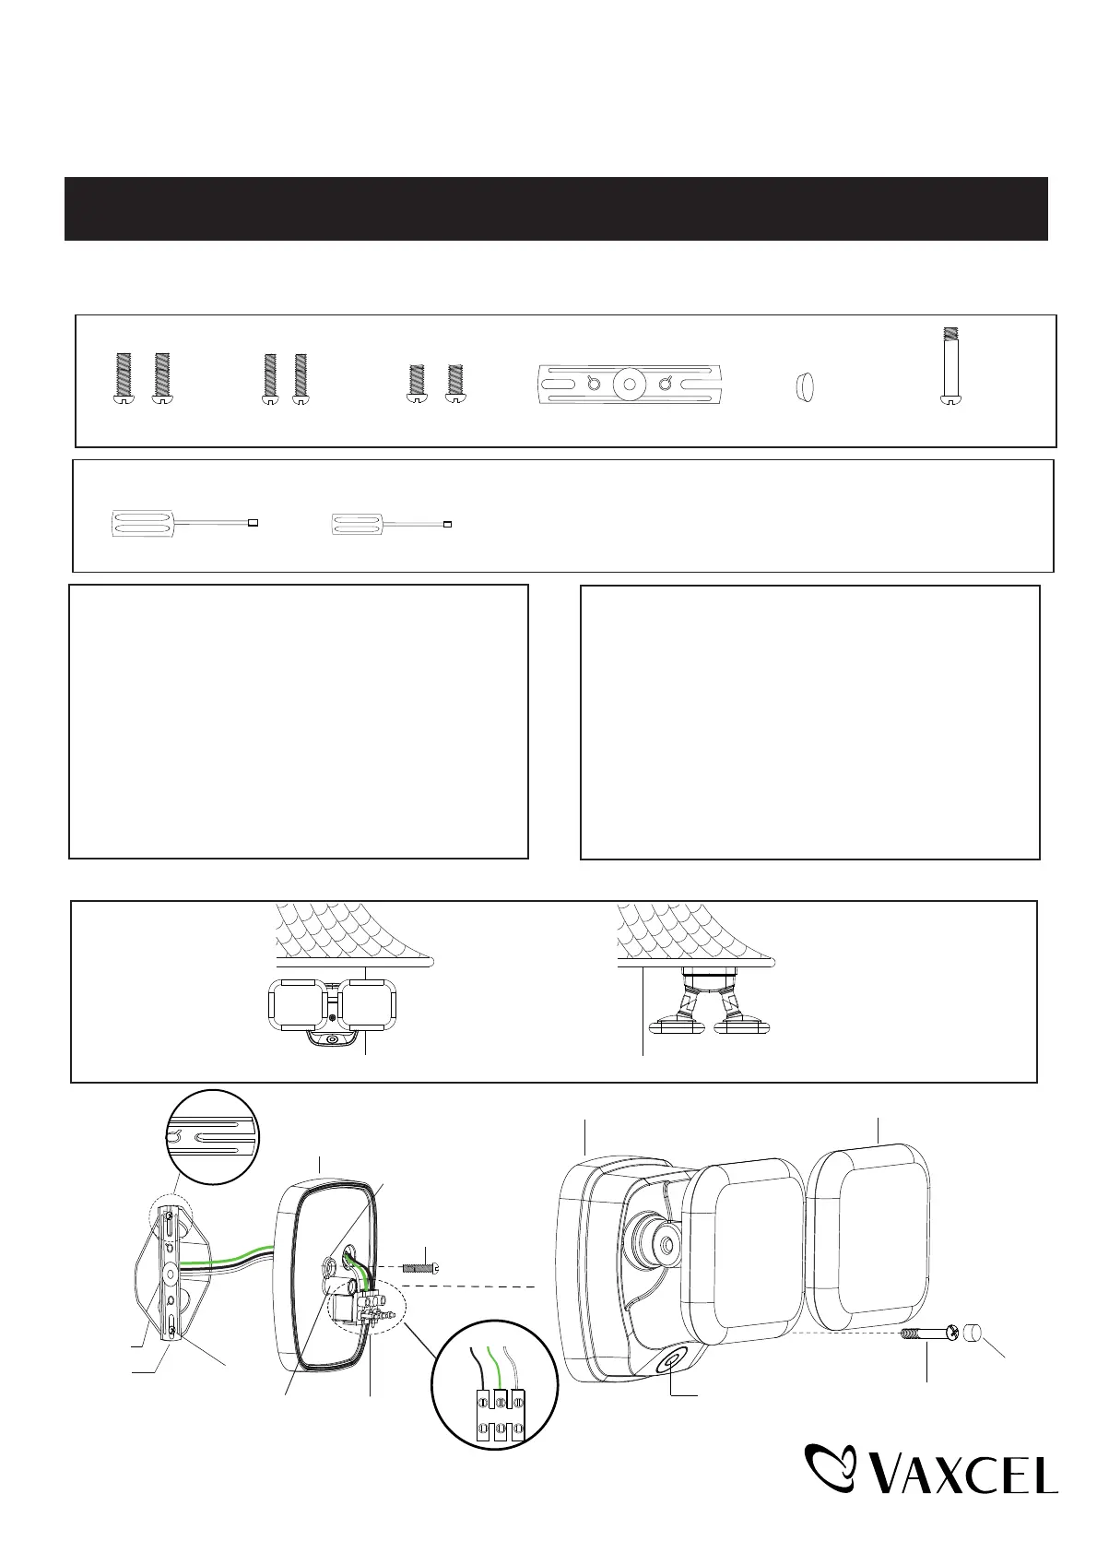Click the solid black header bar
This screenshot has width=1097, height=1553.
(x=556, y=208)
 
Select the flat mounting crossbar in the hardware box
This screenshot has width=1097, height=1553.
(x=629, y=384)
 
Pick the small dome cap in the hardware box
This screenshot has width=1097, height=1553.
(x=804, y=386)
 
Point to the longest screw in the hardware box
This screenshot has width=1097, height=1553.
(x=950, y=365)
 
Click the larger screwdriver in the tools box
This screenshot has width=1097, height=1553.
(x=184, y=523)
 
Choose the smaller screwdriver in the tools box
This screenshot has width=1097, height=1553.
(x=392, y=524)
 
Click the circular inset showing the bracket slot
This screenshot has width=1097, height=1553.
(x=213, y=1138)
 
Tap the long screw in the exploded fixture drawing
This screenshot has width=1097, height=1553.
(x=929, y=1334)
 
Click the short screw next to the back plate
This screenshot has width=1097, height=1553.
(x=421, y=1267)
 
